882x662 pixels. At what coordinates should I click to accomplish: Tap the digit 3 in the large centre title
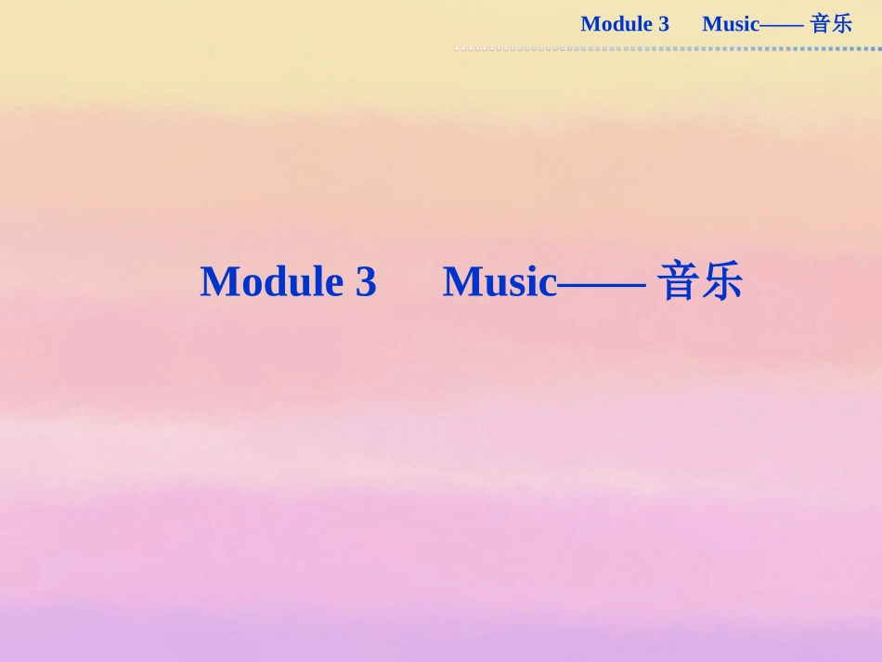point(366,282)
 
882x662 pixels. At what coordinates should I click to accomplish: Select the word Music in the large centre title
point(499,282)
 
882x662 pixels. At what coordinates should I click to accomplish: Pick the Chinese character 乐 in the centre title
point(722,282)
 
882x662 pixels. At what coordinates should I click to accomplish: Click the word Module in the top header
point(614,24)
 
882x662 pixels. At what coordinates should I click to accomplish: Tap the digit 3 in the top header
point(664,24)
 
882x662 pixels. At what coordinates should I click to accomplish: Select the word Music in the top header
point(731,24)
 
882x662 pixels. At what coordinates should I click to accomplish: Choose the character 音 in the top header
point(820,24)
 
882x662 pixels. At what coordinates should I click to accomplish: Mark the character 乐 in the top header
point(842,24)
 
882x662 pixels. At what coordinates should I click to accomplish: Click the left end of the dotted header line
point(456,48)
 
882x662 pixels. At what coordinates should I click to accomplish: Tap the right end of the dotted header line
point(878,48)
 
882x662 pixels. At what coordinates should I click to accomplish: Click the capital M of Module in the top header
point(590,24)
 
